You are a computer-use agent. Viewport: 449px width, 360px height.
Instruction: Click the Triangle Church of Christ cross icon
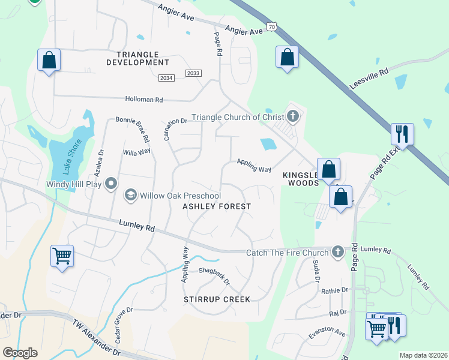[293, 116]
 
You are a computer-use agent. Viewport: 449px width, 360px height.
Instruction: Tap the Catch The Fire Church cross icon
[338, 252]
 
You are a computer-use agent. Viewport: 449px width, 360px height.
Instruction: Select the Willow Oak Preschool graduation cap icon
[130, 195]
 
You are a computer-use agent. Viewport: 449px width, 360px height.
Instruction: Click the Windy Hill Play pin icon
[110, 184]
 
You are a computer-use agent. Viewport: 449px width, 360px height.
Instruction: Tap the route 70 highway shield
[273, 27]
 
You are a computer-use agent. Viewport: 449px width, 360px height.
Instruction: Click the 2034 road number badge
[166, 78]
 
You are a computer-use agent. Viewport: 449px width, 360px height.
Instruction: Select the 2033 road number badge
[193, 73]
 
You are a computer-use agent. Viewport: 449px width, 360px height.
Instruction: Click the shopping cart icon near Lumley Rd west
[62, 256]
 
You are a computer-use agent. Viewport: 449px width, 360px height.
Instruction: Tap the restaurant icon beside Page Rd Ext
[402, 134]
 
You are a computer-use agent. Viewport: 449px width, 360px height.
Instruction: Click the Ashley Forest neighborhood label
[217, 206]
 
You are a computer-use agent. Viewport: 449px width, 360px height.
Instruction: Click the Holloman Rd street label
[144, 100]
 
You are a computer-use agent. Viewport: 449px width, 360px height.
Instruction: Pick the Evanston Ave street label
[328, 332]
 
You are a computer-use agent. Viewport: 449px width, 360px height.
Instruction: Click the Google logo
[20, 352]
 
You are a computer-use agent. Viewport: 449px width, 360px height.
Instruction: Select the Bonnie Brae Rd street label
[133, 128]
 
